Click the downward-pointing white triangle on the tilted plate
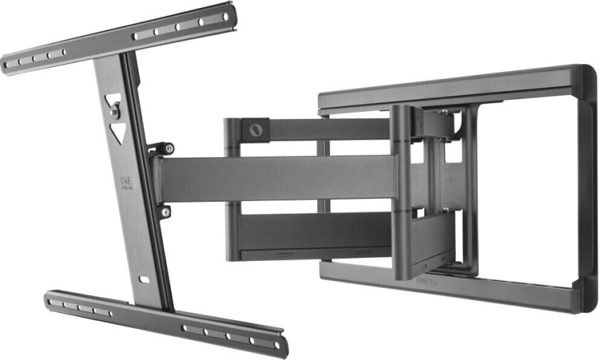[118, 131]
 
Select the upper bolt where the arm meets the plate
[169, 148]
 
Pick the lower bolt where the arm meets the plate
[165, 212]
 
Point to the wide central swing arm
[278, 178]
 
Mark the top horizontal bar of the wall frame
[449, 84]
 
